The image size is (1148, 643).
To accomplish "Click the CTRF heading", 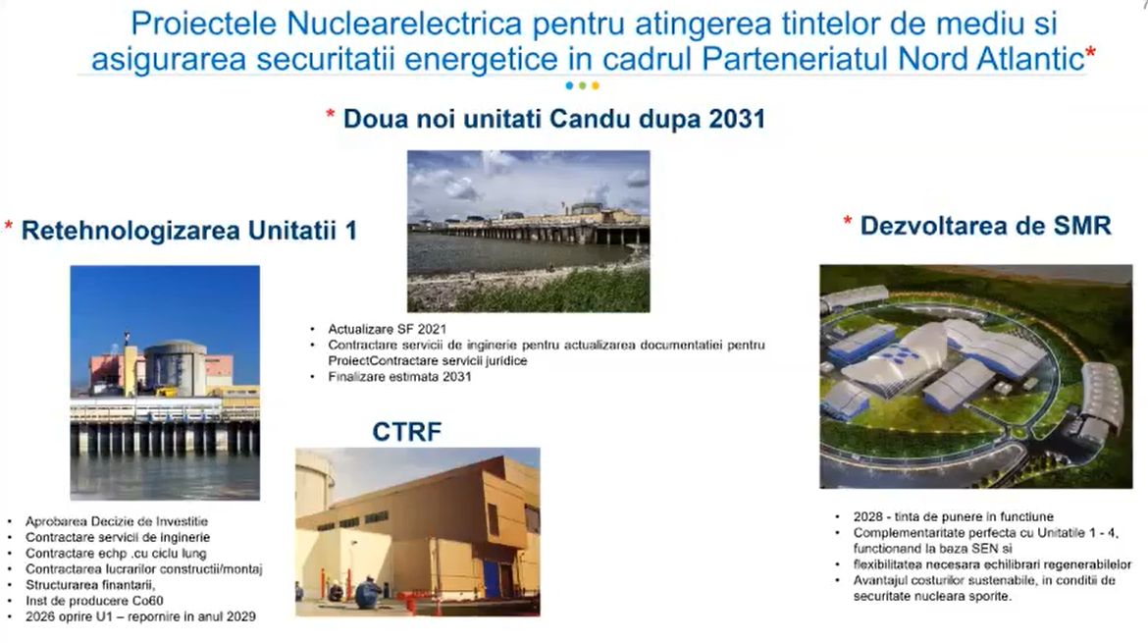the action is pyautogui.click(x=406, y=431).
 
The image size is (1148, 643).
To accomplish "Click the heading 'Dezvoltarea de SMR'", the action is pyautogui.click(x=985, y=226).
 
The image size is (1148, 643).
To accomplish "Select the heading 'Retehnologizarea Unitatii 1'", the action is pyautogui.click(x=189, y=231).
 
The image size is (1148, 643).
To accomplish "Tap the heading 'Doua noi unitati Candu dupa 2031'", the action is pyautogui.click(x=554, y=119).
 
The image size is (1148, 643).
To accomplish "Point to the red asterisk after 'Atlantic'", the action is pyautogui.click(x=1091, y=53).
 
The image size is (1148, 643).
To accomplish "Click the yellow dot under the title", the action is pyautogui.click(x=596, y=85).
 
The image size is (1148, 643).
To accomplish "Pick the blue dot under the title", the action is pyautogui.click(x=570, y=85).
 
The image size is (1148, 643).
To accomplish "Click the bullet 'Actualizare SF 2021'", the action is pyautogui.click(x=387, y=330).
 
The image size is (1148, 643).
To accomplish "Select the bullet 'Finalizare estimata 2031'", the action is pyautogui.click(x=399, y=377).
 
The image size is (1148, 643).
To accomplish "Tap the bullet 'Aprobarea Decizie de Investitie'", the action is pyautogui.click(x=117, y=521).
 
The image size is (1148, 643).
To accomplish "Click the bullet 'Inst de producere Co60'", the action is pyautogui.click(x=94, y=601).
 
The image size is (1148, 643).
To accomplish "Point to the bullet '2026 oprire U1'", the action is pyautogui.click(x=140, y=616).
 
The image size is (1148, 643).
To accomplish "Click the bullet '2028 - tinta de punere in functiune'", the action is pyautogui.click(x=954, y=517).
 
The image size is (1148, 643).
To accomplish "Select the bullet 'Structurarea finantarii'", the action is pyautogui.click(x=90, y=585).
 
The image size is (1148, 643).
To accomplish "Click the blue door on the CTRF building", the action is pyautogui.click(x=492, y=577).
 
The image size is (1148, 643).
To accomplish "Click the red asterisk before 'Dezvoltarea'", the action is pyautogui.click(x=848, y=222).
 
